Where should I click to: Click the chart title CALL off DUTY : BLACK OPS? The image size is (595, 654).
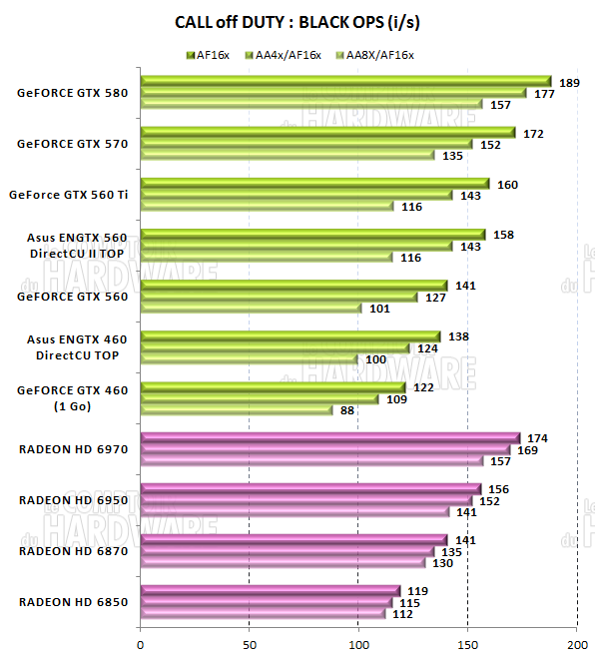pos(297,21)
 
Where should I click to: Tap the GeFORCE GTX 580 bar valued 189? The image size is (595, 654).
pos(345,81)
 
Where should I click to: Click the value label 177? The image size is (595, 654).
pos(545,93)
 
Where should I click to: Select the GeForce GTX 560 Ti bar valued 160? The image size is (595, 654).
pos(314,184)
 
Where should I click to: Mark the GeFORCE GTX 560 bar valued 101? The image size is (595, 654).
pos(251,309)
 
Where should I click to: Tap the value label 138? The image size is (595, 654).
pos(457,337)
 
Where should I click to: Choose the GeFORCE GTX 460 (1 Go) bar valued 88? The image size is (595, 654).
pos(237,409)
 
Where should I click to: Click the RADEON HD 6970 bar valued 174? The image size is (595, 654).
pos(329,438)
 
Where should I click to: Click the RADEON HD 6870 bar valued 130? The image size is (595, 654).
pos(283,563)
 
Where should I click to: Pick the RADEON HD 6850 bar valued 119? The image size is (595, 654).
pos(271,591)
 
